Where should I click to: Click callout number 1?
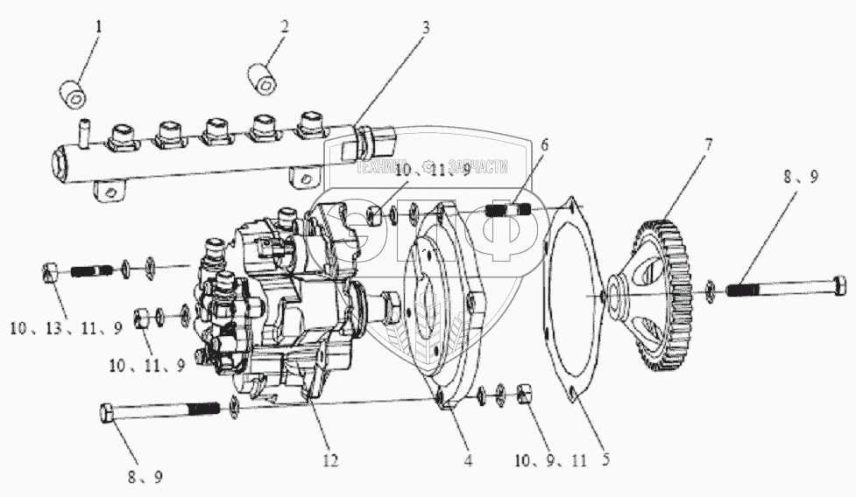coord(99,27)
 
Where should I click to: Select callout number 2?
coord(284,27)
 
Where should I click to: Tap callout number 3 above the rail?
coord(426,27)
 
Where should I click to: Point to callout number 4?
coord(469,458)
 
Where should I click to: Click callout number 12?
coord(330,458)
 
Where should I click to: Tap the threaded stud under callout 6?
coord(509,211)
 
